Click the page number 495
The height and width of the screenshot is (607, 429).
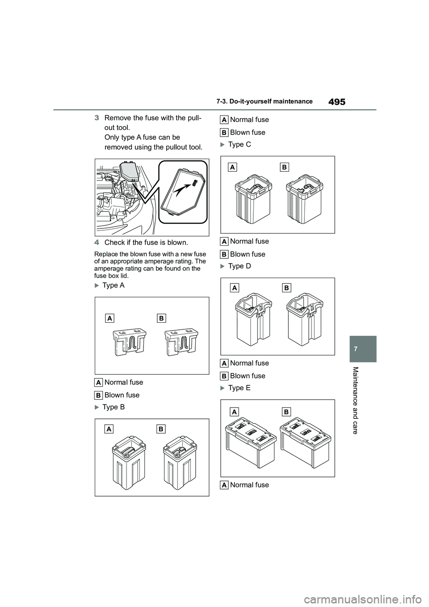pos(336,102)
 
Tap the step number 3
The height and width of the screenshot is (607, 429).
pos(97,118)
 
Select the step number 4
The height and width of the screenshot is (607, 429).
pos(97,243)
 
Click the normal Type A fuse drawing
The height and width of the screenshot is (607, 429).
pos(130,341)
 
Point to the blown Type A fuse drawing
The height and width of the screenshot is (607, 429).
pos(181,341)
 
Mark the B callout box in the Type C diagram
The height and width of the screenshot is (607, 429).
pos(284,167)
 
